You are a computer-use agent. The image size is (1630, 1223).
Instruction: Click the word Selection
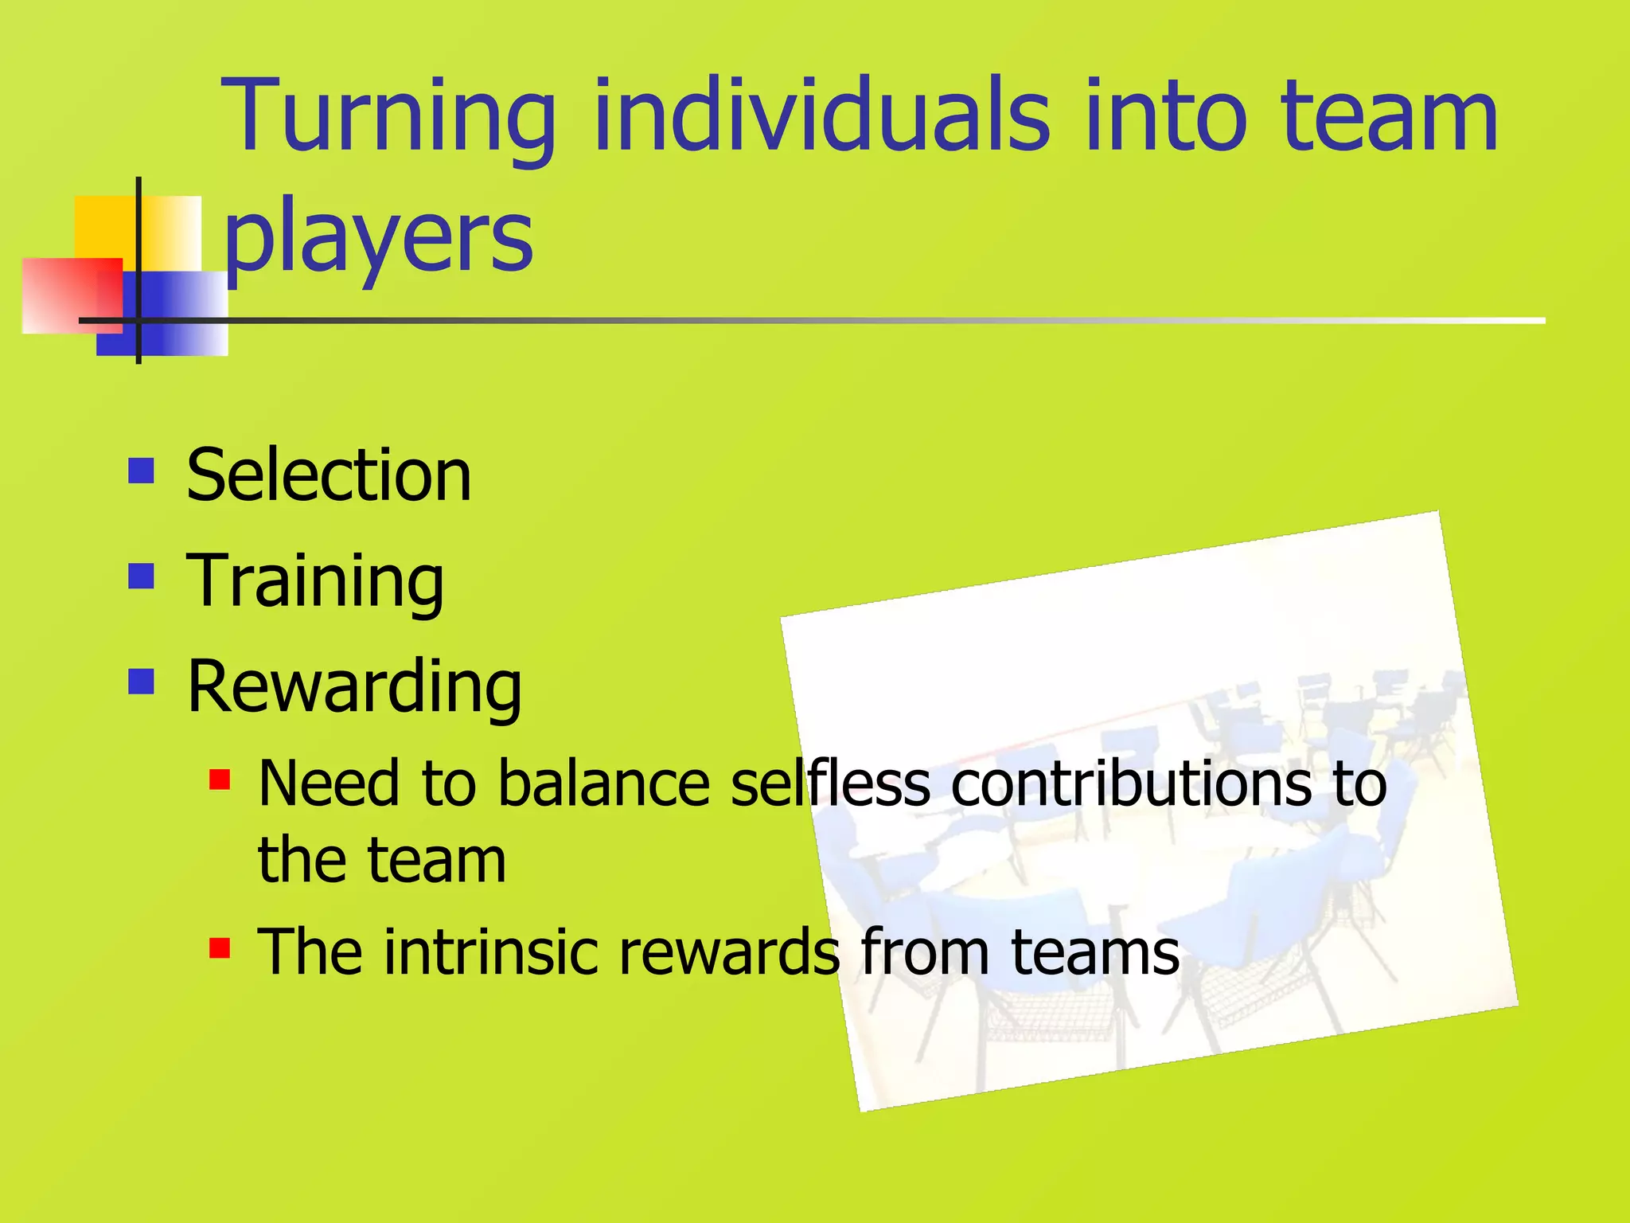point(329,475)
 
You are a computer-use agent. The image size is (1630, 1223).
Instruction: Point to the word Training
point(315,582)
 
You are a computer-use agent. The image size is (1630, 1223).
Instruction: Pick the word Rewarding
point(354,688)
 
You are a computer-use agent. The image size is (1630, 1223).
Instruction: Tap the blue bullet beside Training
point(141,576)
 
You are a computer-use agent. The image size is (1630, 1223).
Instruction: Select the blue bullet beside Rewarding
point(141,682)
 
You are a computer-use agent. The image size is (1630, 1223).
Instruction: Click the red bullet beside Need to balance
point(220,780)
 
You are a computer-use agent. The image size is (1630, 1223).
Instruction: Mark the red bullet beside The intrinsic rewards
point(220,948)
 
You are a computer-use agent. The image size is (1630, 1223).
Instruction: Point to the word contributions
point(1130,783)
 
